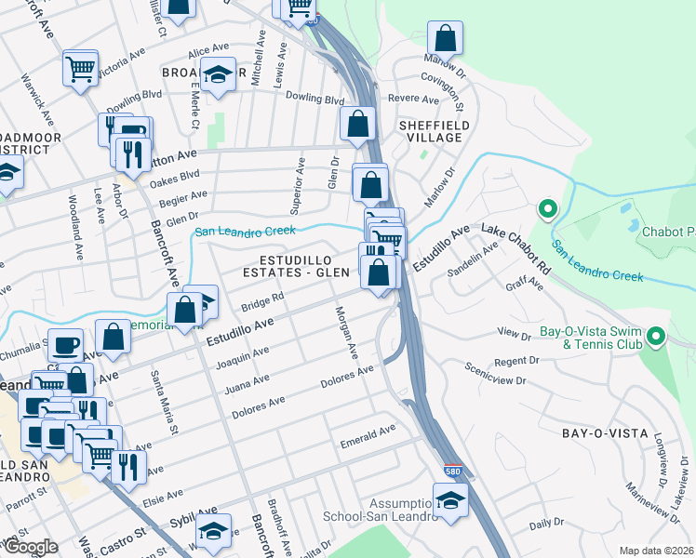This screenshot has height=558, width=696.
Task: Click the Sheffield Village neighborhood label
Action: (430, 130)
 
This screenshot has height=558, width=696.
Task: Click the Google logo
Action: (31, 547)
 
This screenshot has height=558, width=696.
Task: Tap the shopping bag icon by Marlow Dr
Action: (446, 40)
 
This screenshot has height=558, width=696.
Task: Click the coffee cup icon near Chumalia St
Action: (65, 345)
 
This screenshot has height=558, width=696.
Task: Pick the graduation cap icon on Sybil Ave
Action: (213, 531)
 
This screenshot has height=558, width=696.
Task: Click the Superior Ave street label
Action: (300, 182)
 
